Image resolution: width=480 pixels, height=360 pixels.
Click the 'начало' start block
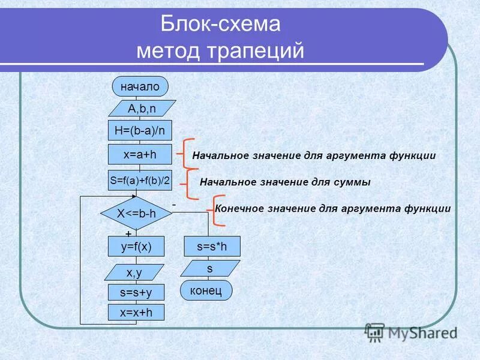[140, 86]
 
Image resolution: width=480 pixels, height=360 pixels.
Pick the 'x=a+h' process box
[139, 154]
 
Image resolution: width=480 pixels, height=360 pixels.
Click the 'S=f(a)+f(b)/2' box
[139, 180]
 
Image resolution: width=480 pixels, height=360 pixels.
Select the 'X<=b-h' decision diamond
[136, 213]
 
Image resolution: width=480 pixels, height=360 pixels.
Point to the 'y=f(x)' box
[136, 246]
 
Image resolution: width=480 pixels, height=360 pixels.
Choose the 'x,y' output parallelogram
[134, 272]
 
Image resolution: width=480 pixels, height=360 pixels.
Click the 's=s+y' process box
[136, 292]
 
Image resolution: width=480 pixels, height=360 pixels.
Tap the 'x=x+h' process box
[136, 312]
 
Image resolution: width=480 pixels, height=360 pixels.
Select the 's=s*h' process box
[212, 246]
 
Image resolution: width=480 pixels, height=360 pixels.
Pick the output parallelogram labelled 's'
[210, 268]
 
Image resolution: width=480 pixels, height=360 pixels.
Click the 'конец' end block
[206, 290]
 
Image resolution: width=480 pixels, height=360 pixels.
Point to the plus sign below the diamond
[127, 233]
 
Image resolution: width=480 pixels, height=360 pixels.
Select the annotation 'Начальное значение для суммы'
[284, 181]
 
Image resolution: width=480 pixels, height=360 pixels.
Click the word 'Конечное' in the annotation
[239, 208]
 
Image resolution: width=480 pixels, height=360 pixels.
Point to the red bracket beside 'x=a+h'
[182, 155]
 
